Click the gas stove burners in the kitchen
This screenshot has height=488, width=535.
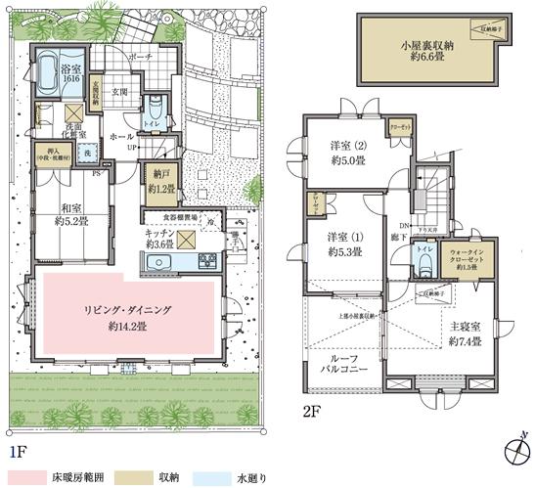[209, 262]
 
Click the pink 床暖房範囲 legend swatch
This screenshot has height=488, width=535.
[35, 476]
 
